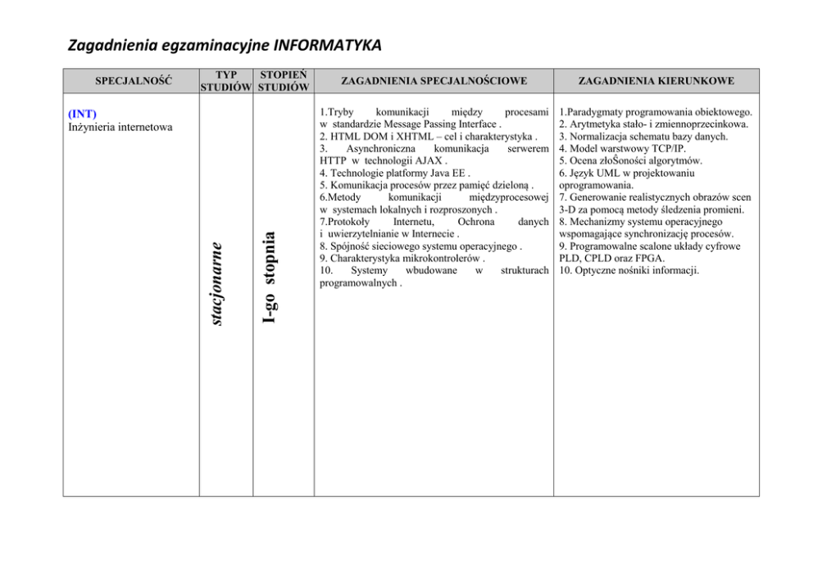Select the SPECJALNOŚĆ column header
coord(132,81)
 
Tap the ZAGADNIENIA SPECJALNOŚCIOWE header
coord(434,81)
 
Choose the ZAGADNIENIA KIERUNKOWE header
coord(656,81)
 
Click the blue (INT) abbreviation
coord(82,113)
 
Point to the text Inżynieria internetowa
coord(120,126)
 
